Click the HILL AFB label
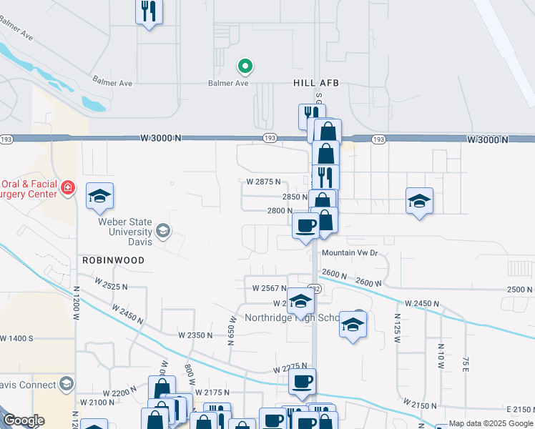click(315, 83)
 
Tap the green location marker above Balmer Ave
click(245, 66)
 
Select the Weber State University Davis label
click(125, 232)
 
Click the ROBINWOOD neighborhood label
click(113, 260)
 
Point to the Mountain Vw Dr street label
click(349, 253)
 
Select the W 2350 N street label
click(196, 335)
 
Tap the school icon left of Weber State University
click(100, 197)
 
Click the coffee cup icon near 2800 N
click(306, 226)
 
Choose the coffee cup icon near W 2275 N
click(302, 383)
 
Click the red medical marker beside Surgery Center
click(67, 188)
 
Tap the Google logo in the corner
click(23, 420)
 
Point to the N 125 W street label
click(398, 325)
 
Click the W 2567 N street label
click(270, 287)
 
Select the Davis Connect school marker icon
click(67, 385)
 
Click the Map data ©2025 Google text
click(491, 424)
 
